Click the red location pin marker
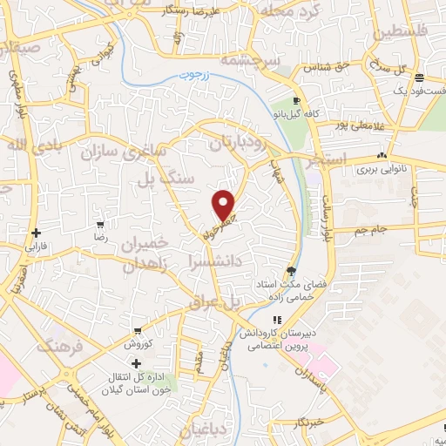click(x=224, y=205)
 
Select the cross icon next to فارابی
click(x=36, y=233)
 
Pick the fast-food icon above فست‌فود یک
click(x=419, y=77)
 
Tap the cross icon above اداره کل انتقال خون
click(x=136, y=362)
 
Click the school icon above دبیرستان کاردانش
click(x=278, y=320)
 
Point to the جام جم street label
click(x=372, y=229)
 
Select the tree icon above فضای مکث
click(x=290, y=271)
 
